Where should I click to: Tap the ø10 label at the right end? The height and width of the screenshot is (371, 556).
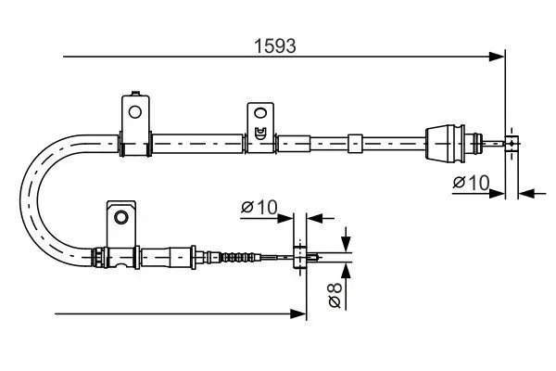tap(472, 182)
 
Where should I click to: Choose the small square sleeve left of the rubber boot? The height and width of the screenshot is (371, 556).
tap(354, 144)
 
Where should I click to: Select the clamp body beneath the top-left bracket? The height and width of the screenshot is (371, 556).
tap(135, 143)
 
